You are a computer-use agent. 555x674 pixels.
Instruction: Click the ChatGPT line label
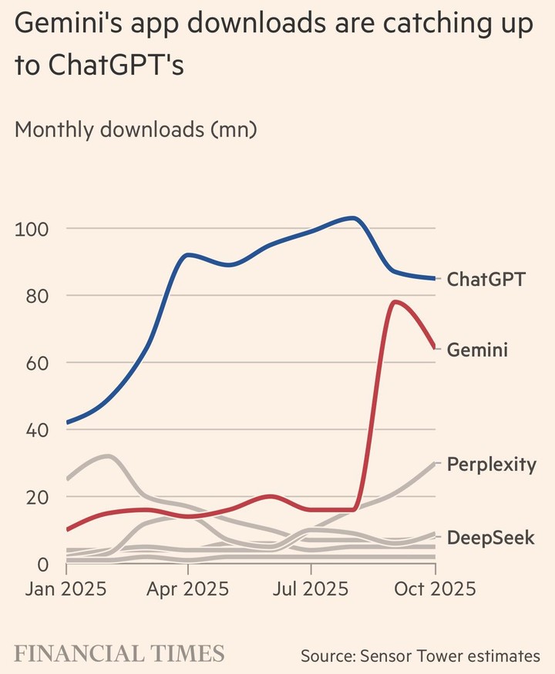tap(486, 279)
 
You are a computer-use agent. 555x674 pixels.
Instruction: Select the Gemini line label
tap(477, 350)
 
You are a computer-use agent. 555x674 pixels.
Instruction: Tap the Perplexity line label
tap(491, 464)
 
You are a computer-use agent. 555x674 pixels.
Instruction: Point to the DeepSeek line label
tap(490, 537)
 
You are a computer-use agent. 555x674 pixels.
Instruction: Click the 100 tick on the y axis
tap(31, 229)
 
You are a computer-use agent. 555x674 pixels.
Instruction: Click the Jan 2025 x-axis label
tap(66, 589)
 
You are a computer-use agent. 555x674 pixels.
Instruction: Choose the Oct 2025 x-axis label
tap(435, 589)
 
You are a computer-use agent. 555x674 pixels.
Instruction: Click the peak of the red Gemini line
tap(395, 302)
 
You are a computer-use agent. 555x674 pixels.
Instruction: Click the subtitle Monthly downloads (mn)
tap(136, 129)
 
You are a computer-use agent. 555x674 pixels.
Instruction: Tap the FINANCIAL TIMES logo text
tap(119, 654)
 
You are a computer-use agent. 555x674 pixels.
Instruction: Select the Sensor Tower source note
tap(420, 656)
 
